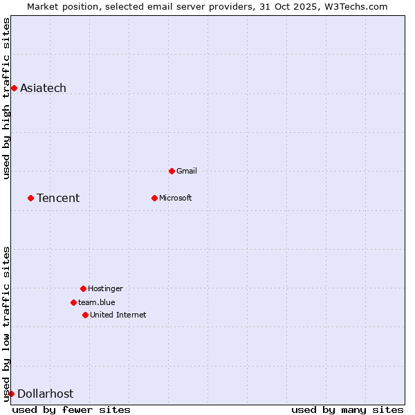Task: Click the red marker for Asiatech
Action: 14,88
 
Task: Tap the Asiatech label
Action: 43,88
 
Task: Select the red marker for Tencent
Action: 30,198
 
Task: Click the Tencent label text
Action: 58,198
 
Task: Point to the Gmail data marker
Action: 172,171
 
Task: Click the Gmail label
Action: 187,171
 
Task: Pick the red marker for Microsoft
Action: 154,198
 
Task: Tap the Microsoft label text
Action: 175,198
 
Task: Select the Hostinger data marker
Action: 83,288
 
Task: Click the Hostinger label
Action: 105,288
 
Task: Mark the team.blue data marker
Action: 73,302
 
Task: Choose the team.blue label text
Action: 96,302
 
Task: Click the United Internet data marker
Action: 85,315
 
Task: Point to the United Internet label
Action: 118,315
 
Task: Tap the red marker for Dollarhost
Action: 11,394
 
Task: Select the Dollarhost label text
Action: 45,394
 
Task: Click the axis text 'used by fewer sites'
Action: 71,409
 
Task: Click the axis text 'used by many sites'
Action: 347,409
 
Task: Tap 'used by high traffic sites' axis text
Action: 7,98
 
